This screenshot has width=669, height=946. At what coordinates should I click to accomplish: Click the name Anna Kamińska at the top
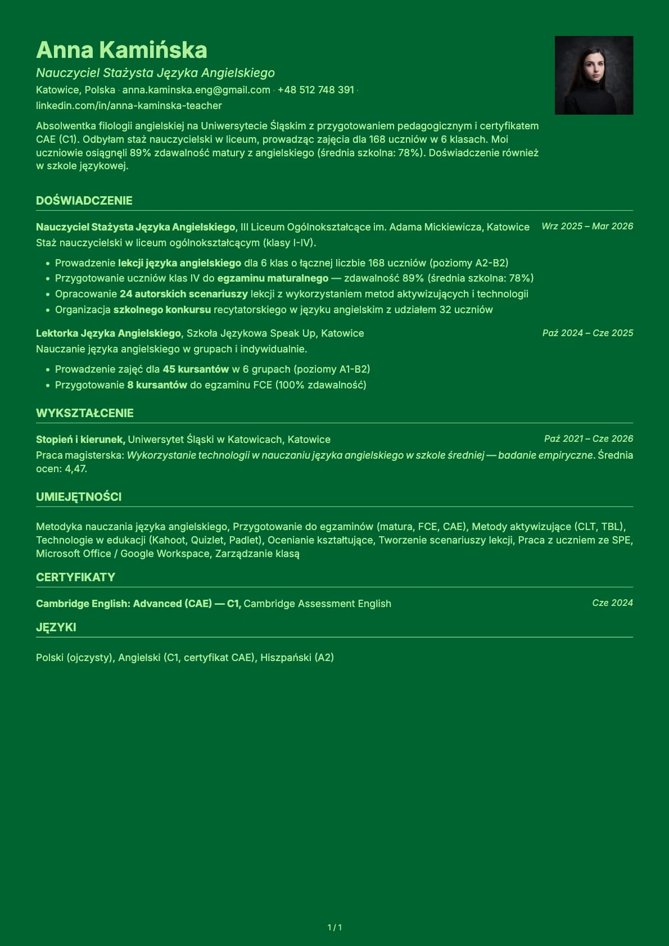[121, 50]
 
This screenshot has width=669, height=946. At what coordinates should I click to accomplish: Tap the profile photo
[594, 75]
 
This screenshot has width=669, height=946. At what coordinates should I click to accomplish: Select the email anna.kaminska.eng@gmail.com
[196, 90]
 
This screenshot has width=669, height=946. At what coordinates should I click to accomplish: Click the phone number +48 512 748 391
[315, 90]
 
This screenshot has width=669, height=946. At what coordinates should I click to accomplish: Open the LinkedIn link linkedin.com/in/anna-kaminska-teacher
[129, 106]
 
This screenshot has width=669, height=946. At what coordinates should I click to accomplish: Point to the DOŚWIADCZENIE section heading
[84, 201]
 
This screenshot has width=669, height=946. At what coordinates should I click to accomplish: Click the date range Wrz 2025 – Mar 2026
[587, 226]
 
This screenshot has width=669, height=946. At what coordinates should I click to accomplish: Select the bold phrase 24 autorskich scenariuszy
[184, 294]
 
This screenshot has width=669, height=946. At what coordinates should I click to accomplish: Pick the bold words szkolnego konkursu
[162, 310]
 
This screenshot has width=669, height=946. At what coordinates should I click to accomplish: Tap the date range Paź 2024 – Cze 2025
[587, 333]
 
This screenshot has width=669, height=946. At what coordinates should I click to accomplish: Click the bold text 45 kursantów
[196, 369]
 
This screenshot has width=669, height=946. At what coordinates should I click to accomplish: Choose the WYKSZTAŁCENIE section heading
[85, 413]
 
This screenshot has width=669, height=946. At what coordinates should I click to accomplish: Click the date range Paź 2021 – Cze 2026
[588, 438]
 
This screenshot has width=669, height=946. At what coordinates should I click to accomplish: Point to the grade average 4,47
[76, 469]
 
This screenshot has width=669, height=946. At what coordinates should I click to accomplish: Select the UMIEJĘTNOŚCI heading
[79, 497]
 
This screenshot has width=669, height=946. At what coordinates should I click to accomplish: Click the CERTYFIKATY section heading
[75, 577]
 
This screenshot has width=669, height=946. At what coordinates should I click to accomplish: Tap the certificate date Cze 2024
[612, 603]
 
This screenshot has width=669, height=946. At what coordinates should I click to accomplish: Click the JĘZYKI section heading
[56, 627]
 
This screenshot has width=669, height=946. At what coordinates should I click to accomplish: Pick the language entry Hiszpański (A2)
[297, 658]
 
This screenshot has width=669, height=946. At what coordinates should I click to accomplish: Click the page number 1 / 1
[334, 927]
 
